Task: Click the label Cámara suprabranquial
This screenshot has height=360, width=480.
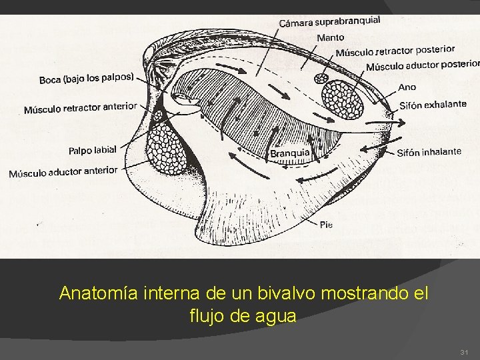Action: click(329, 22)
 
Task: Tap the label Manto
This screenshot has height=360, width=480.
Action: click(331, 37)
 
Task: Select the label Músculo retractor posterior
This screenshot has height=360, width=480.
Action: click(395, 51)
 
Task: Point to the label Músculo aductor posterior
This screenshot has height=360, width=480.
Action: click(423, 65)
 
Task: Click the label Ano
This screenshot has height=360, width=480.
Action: click(407, 87)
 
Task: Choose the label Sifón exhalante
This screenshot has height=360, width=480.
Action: click(433, 105)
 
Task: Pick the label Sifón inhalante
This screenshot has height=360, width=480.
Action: click(429, 152)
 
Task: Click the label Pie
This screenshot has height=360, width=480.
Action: click(325, 225)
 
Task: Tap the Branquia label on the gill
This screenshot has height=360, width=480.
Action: click(290, 153)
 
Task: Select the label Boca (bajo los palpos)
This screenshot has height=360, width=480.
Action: click(87, 78)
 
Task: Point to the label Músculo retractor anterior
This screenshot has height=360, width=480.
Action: click(80, 107)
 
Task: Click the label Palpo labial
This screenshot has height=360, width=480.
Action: click(92, 150)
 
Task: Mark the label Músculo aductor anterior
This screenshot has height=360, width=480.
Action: click(63, 172)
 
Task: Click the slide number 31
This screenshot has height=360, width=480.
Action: click(464, 351)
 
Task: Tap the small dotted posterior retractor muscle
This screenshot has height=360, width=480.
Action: click(321, 79)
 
